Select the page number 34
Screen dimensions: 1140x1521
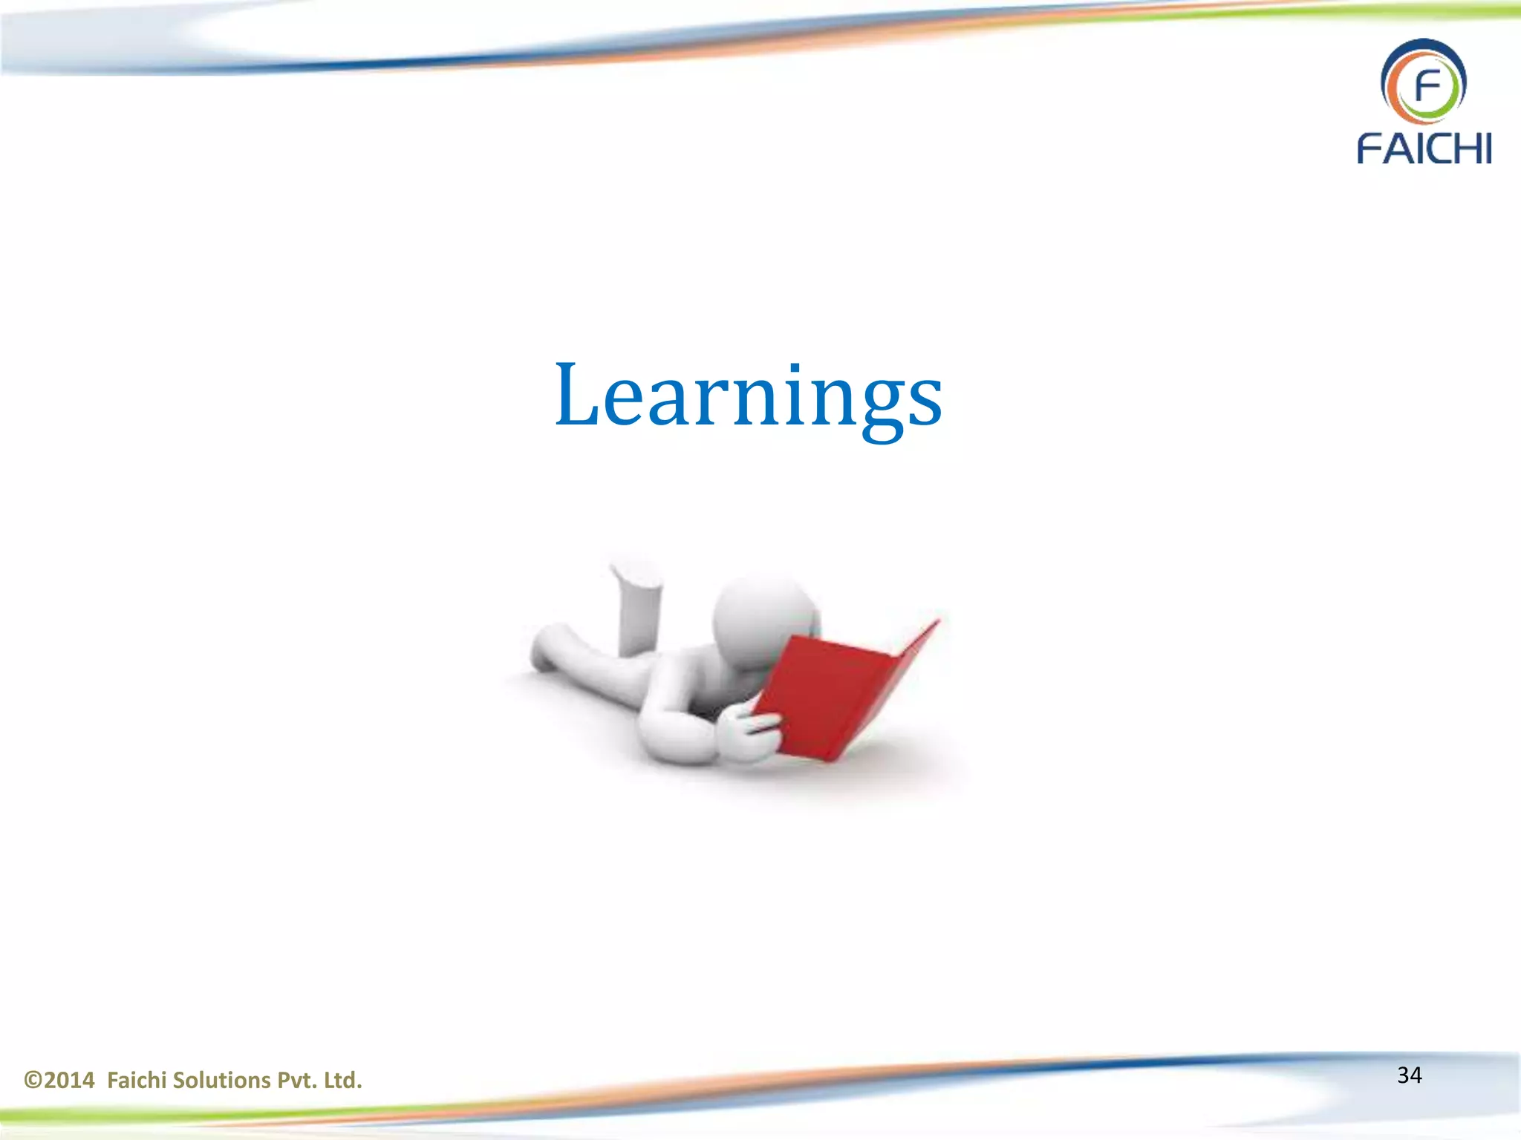click(x=1409, y=1075)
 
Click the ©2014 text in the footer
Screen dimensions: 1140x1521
click(x=59, y=1080)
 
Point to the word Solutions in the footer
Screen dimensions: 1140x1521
click(x=222, y=1080)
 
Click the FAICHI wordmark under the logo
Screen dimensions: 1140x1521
click(x=1424, y=148)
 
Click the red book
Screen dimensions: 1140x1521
click(x=839, y=694)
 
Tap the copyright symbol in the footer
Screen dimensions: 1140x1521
click(x=32, y=1080)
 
